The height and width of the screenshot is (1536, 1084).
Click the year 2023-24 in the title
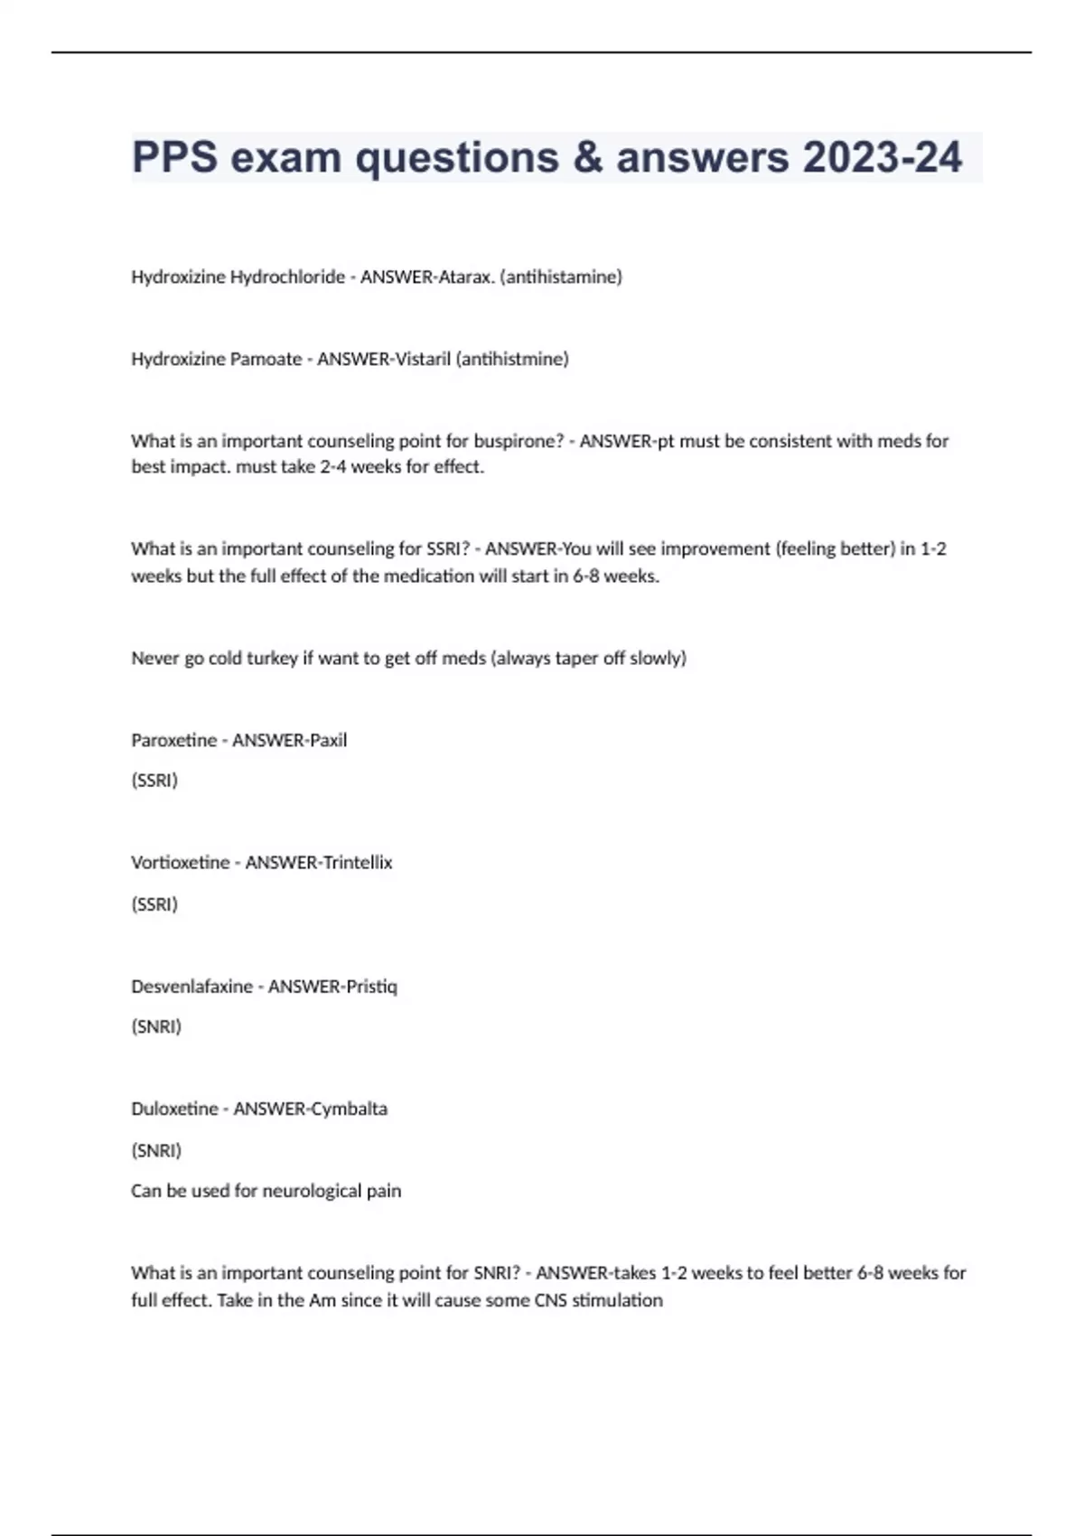pos(882,157)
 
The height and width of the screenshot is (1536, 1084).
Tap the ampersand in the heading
pos(587,157)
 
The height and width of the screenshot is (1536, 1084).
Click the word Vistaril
pos(424,360)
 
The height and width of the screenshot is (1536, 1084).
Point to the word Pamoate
pos(266,360)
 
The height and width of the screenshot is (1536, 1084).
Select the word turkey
pos(272,659)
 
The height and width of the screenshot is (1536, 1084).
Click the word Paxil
pos(328,741)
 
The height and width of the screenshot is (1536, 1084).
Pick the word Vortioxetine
pos(181,863)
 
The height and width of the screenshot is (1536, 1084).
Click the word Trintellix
pos(357,863)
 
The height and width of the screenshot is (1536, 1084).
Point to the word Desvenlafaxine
pos(192,987)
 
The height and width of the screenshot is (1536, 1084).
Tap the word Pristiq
pos(369,987)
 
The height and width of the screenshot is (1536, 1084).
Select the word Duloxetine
pos(174,1109)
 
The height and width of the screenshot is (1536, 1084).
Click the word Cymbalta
pos(349,1109)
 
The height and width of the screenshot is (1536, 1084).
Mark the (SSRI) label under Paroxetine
pos(154,781)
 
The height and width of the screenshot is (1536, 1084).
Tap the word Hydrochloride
pos(287,277)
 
